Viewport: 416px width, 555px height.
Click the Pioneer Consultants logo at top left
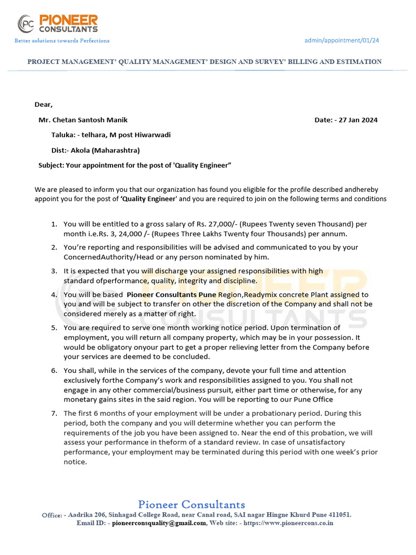(x=58, y=24)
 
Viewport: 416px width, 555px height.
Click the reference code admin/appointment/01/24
(x=342, y=40)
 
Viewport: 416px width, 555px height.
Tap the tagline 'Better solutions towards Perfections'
(x=62, y=41)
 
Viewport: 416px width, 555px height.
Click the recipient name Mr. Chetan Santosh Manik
(x=83, y=120)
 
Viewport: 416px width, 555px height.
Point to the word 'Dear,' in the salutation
(x=44, y=105)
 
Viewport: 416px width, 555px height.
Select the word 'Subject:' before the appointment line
(x=51, y=165)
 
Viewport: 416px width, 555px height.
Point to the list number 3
(x=54, y=271)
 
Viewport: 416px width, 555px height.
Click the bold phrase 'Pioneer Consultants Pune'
(x=171, y=294)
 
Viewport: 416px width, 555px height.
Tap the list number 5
(x=54, y=328)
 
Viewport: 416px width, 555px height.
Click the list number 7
(x=54, y=414)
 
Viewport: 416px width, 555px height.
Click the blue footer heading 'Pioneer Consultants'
(x=191, y=505)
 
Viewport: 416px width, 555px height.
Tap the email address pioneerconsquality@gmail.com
(x=159, y=523)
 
